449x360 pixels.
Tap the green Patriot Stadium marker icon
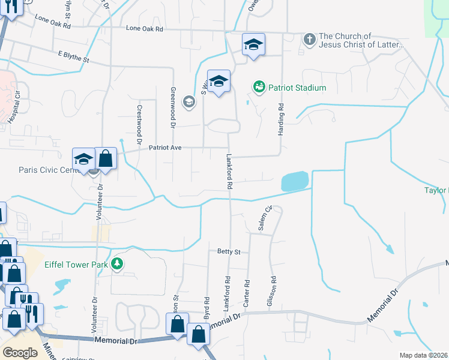[x=259, y=88]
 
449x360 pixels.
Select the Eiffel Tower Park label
[x=78, y=264]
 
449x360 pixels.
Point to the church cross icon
[x=309, y=40]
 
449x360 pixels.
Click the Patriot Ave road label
[x=165, y=147]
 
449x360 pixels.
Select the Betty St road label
[x=229, y=253]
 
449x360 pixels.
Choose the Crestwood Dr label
[x=139, y=120]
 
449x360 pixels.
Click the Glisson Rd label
[x=273, y=289]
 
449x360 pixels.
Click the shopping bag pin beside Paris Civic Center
[x=106, y=160]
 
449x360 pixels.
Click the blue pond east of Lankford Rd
[x=295, y=181]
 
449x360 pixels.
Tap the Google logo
[x=20, y=353]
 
